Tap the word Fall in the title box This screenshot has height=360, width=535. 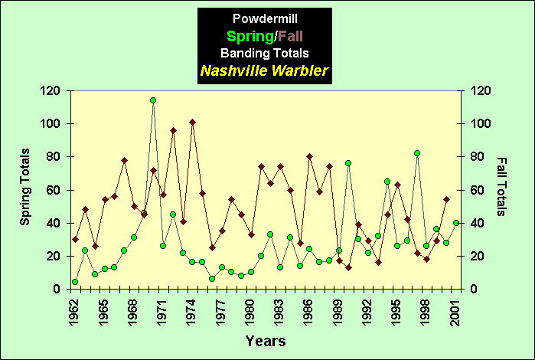click(x=292, y=36)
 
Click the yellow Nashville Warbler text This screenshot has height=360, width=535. click(x=264, y=70)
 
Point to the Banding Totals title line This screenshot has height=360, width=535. click(x=264, y=53)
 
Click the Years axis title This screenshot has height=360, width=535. click(x=266, y=340)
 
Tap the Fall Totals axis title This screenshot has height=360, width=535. click(x=502, y=188)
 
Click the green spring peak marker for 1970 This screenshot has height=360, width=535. click(x=153, y=100)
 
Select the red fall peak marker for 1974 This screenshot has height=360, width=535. click(x=192, y=122)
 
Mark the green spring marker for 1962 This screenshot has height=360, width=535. click(x=75, y=282)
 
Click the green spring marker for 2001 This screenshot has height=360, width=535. click(x=456, y=223)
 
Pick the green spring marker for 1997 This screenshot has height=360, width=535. click(x=417, y=153)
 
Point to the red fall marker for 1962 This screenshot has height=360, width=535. click(x=75, y=239)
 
